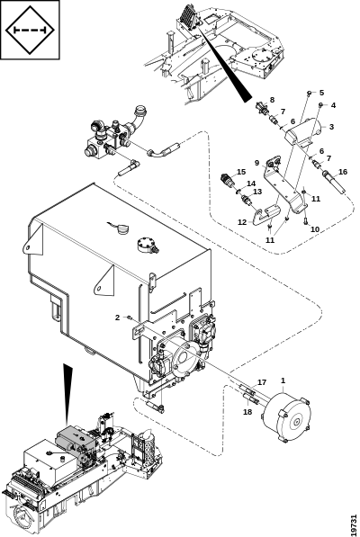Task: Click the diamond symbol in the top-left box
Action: tap(30, 31)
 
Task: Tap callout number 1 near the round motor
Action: tap(283, 380)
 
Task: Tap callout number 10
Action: tap(315, 229)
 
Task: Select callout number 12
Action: tap(242, 222)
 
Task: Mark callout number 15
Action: tap(241, 172)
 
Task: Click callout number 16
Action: tap(343, 172)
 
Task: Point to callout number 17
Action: tap(262, 382)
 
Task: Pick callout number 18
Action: tap(247, 412)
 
